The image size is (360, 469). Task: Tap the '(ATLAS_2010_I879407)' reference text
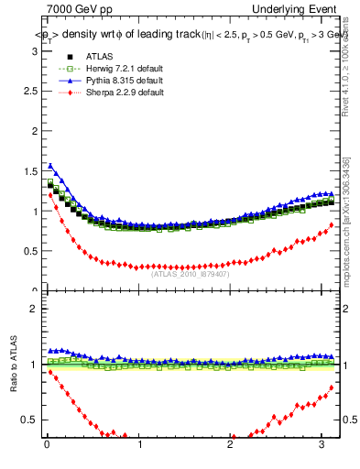click(x=190, y=272)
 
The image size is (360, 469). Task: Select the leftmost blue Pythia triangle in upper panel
click(x=50, y=166)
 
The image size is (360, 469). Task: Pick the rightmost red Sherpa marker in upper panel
click(x=332, y=224)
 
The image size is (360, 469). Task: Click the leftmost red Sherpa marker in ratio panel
click(x=50, y=372)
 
